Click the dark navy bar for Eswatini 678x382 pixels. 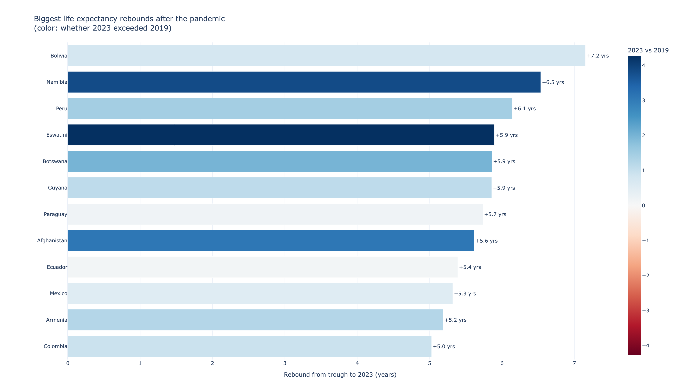pos(281,135)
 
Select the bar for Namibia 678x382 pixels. pos(304,82)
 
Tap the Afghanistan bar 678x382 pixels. pos(271,240)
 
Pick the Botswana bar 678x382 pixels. pos(279,161)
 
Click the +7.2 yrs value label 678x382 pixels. pos(597,56)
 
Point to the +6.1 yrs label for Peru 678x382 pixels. pos(525,109)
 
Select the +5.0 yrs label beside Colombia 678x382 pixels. pos(444,346)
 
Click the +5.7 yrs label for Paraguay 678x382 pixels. pos(495,214)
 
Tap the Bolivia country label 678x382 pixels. pos(59,56)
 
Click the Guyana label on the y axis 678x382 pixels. pos(57,188)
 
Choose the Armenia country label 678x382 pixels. pos(57,320)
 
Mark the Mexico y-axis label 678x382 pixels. pos(58,294)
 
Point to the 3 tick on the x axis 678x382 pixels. pos(285,363)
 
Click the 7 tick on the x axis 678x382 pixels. pos(574,363)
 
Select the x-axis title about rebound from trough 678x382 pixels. pos(340,375)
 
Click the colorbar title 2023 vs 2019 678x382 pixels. pos(648,50)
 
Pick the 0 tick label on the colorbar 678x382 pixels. pos(643,206)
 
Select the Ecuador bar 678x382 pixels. pos(263,267)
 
